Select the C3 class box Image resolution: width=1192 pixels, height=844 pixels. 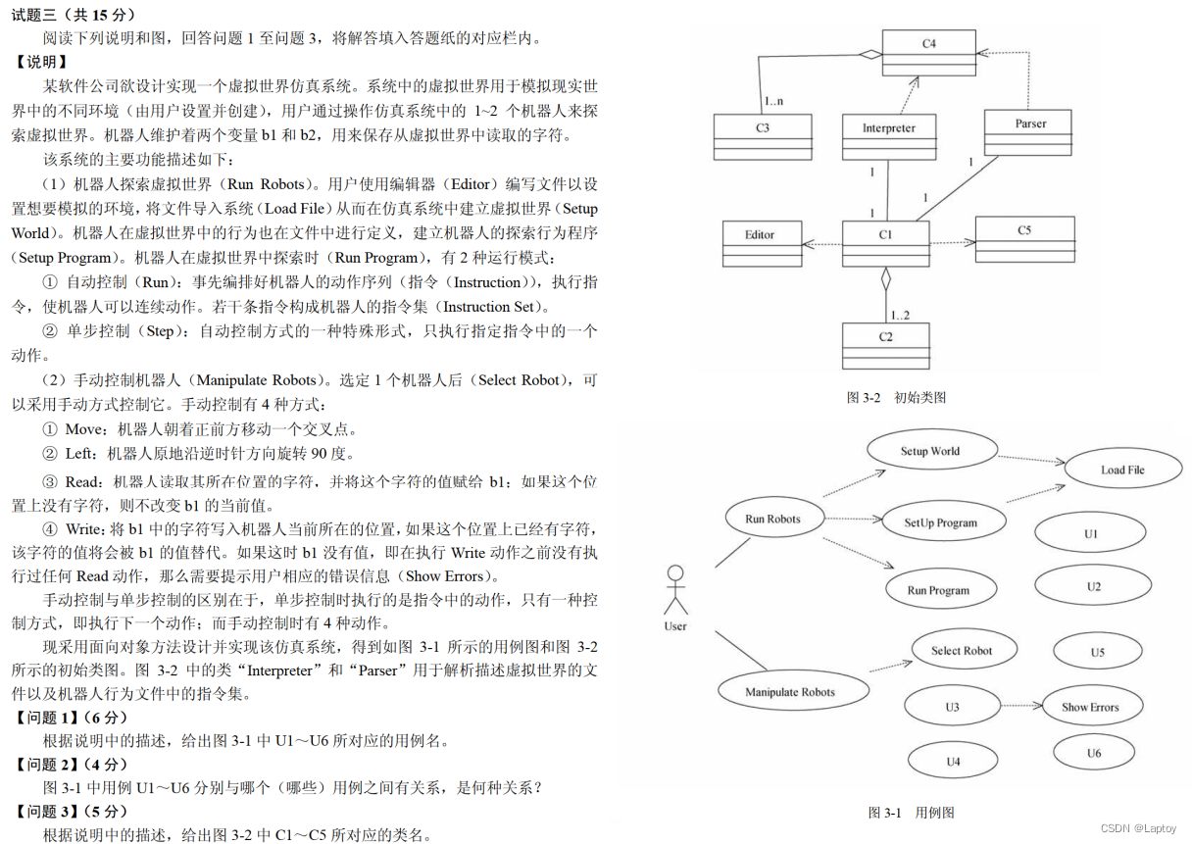(762, 136)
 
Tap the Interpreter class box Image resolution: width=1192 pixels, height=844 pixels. (888, 136)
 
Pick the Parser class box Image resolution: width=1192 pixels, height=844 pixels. (1029, 132)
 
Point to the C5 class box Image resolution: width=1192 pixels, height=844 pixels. (1023, 238)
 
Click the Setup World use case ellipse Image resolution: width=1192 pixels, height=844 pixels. (930, 452)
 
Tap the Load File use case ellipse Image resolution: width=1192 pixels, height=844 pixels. (1121, 470)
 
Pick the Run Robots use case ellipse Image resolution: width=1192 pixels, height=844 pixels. (772, 520)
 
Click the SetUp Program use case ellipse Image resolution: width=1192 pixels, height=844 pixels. (941, 522)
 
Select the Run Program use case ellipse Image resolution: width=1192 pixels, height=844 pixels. (938, 590)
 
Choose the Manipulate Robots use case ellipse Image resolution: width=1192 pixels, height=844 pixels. (790, 692)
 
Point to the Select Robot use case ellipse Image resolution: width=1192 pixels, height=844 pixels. (961, 651)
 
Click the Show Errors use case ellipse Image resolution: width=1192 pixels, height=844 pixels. (1089, 707)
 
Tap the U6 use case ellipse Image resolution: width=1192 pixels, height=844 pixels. (1093, 753)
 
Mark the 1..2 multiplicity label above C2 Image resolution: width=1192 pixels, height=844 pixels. (900, 315)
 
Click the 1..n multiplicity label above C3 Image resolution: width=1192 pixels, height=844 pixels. (772, 101)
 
